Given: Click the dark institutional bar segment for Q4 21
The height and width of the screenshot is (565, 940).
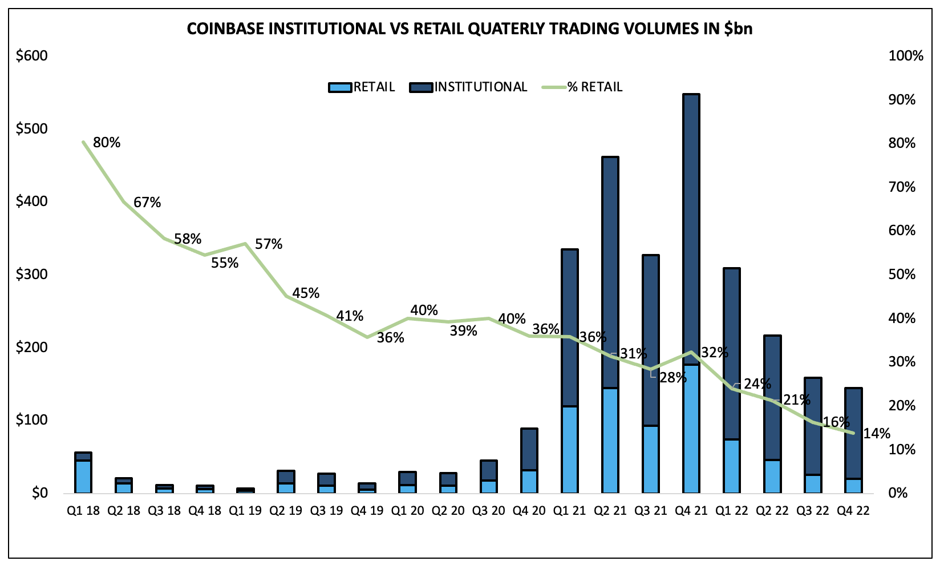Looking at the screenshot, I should pos(691,228).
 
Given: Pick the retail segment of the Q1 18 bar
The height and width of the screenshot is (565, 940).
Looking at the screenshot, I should pos(83,477).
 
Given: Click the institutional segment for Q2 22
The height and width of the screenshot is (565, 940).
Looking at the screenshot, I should pos(772,397).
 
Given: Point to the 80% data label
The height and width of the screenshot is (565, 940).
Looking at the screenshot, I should pos(107,143).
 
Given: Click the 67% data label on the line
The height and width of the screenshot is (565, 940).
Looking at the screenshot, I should pos(147,203).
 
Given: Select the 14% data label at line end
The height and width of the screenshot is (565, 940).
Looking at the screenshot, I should pos(877,434).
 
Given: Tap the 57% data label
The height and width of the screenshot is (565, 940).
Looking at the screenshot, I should pos(269,244).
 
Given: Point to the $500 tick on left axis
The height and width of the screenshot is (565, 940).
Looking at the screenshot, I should pos(31,129).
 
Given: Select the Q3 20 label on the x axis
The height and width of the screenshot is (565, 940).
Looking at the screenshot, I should pos(489,511).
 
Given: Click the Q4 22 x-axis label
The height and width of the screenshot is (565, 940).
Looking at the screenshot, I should pos(853,511).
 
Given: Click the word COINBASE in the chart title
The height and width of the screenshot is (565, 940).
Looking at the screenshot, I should pos(226,29).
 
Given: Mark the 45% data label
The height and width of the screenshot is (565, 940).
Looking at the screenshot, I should pos(306,293).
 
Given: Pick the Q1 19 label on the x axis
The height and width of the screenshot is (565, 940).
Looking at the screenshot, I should pos(245,511).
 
